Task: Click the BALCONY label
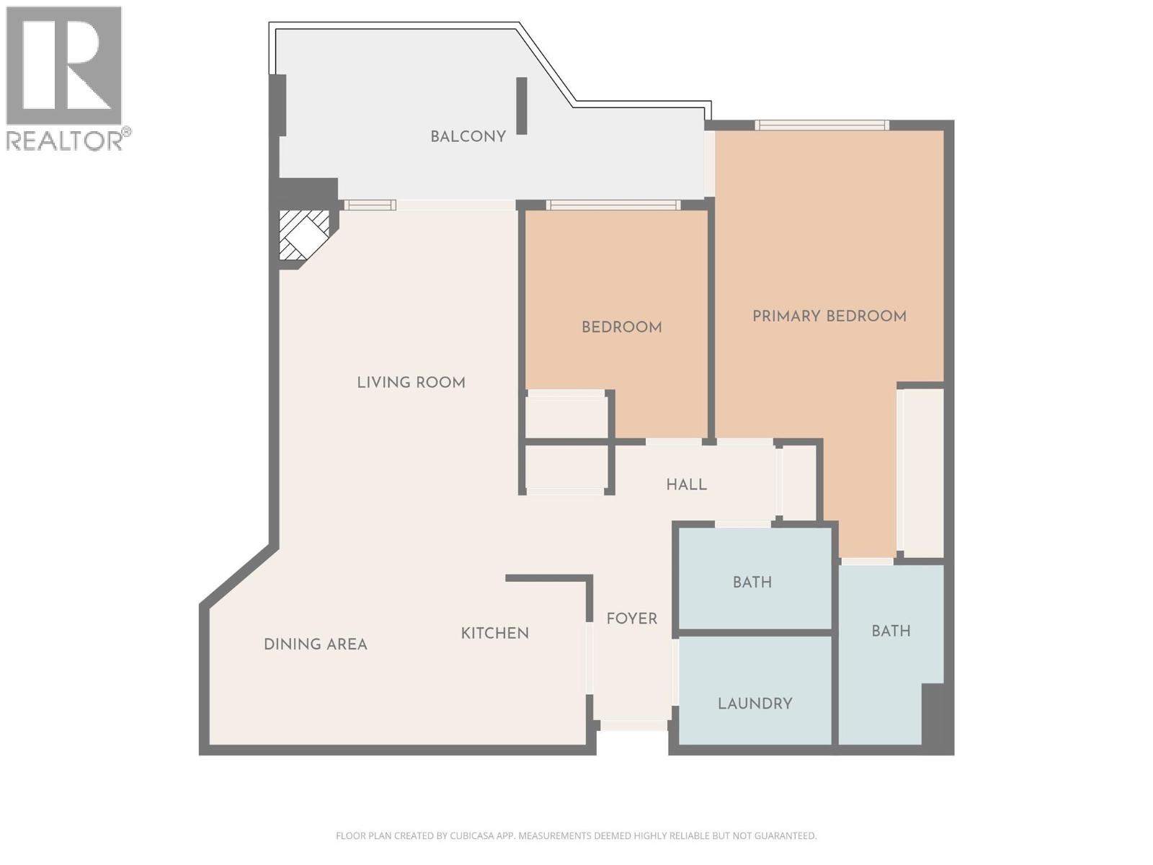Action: coord(468,136)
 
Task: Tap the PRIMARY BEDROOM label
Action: coord(829,316)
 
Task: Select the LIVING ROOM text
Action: coord(411,382)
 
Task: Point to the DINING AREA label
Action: coord(315,644)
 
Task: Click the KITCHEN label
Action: coord(494,633)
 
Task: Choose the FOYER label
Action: coord(631,618)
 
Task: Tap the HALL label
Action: coord(686,484)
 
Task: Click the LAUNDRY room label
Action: coord(754,704)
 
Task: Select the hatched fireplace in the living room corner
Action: coord(303,234)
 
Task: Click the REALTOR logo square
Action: coord(63,66)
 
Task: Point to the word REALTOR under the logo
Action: coord(65,140)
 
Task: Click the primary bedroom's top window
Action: coord(822,125)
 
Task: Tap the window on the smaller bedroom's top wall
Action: coord(613,205)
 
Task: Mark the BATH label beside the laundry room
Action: coord(752,582)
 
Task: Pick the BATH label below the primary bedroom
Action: coord(891,631)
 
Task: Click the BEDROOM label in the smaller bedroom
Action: coord(621,327)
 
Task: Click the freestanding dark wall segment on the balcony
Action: coord(522,106)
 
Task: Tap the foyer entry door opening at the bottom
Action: coord(633,725)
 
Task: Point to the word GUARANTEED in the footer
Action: coord(785,836)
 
